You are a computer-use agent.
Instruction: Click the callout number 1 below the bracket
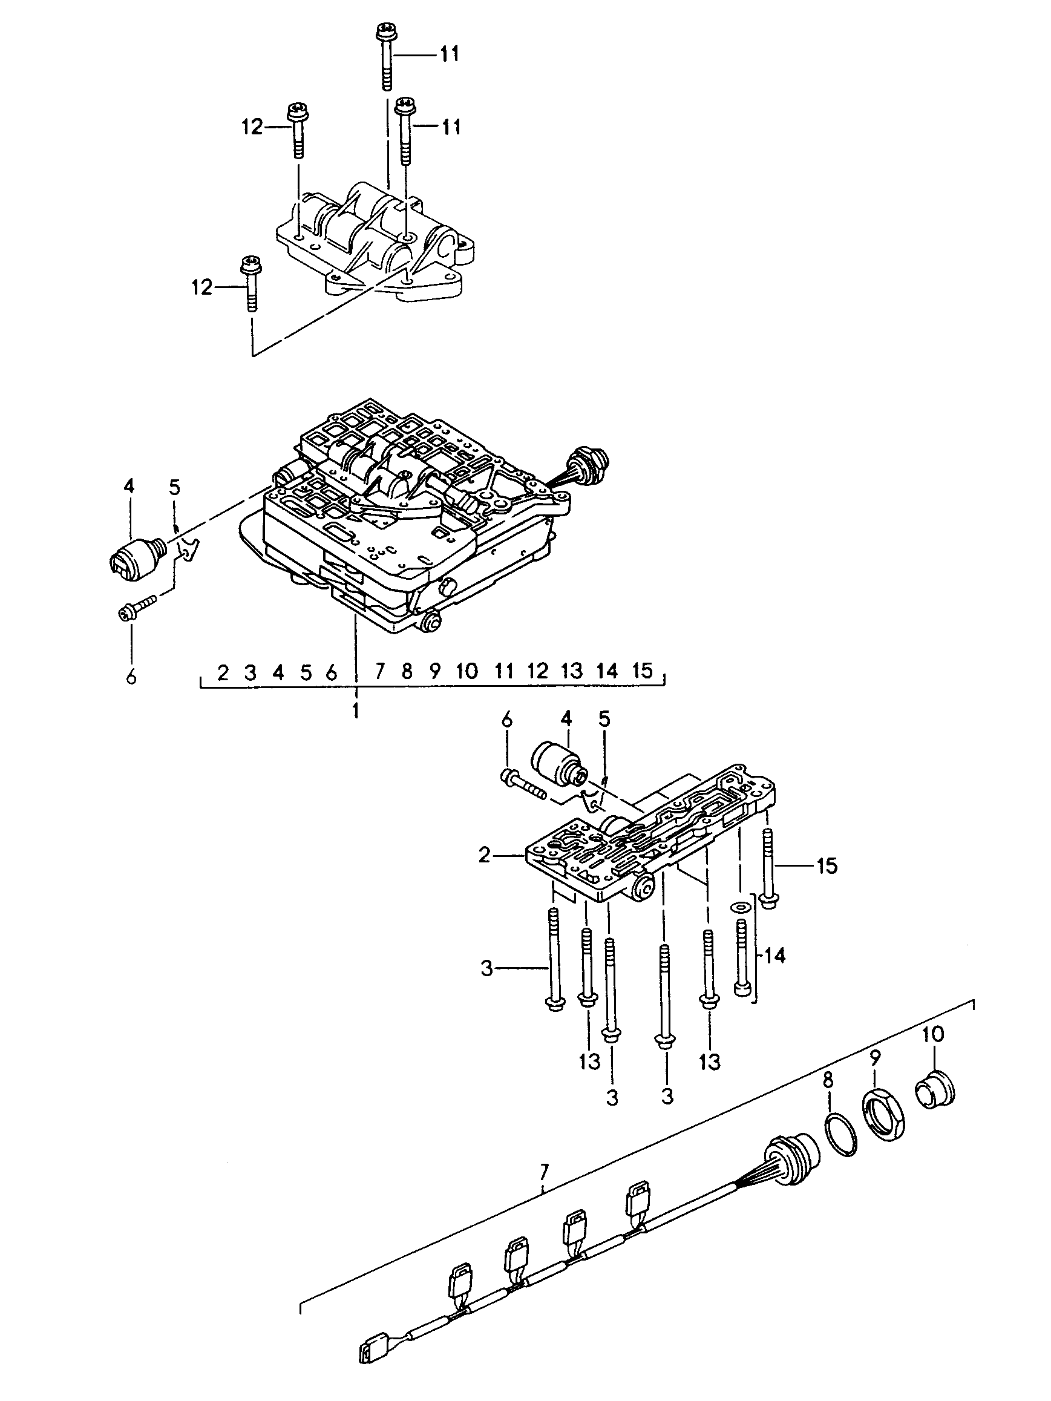click(x=356, y=710)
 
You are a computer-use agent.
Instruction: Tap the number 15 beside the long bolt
click(x=827, y=866)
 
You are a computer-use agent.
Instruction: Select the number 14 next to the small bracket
click(x=775, y=955)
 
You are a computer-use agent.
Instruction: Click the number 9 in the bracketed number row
click(x=435, y=671)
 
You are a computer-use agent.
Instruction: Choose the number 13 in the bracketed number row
click(x=572, y=671)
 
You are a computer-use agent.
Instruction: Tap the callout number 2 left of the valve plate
click(x=485, y=856)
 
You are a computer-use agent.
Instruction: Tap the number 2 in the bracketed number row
click(x=222, y=672)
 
